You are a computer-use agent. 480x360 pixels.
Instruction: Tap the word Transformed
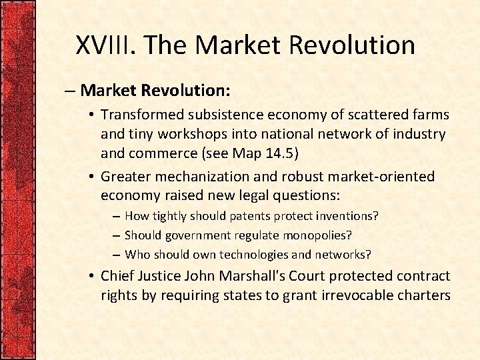point(141,116)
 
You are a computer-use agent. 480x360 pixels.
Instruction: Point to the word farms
point(431,116)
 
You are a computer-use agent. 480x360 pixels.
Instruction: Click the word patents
point(249,216)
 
